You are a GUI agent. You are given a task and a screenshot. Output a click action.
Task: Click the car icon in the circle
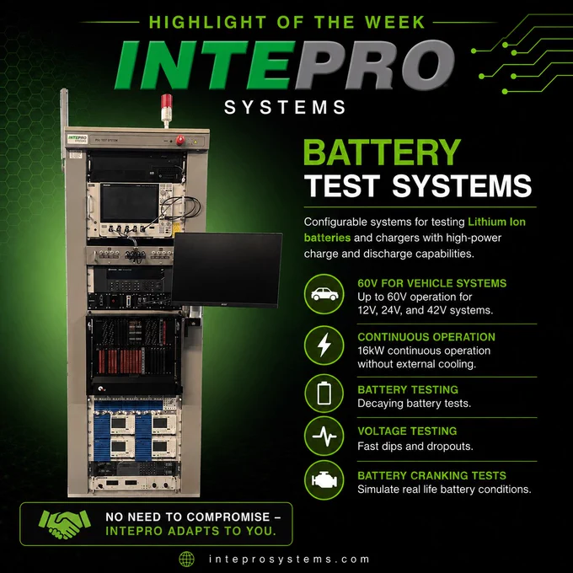pos(324,294)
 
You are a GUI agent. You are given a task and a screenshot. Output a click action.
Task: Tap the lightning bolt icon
pos(324,345)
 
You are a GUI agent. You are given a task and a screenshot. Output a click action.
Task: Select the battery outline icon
pos(324,394)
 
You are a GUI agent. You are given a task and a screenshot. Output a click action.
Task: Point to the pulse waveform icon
pos(324,436)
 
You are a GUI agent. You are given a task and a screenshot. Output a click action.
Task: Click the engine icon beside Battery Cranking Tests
pos(324,479)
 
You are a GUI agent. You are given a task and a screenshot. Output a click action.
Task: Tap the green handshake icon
pos(65,524)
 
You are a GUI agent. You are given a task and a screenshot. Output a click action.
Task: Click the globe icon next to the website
pos(186,560)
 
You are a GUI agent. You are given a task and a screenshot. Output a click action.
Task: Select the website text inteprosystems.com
pos(289,560)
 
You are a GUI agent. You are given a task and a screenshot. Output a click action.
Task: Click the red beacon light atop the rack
pos(166,101)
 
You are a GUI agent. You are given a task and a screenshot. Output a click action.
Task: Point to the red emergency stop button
pos(180,140)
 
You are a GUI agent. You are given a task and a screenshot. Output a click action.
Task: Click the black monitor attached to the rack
pos(227,270)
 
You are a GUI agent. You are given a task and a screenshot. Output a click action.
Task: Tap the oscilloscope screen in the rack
pos(130,203)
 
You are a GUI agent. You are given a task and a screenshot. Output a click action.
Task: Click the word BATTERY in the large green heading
pos(382,153)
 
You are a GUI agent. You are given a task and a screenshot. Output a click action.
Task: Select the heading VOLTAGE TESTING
pos(407,431)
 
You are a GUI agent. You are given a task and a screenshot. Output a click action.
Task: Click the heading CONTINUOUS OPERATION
pos(426,337)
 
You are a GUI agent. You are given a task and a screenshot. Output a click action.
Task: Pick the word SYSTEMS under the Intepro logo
pos(285,108)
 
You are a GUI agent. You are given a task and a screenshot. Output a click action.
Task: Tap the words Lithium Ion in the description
pos(496,222)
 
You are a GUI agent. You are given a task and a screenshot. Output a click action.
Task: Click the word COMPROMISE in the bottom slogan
pos(228,517)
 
